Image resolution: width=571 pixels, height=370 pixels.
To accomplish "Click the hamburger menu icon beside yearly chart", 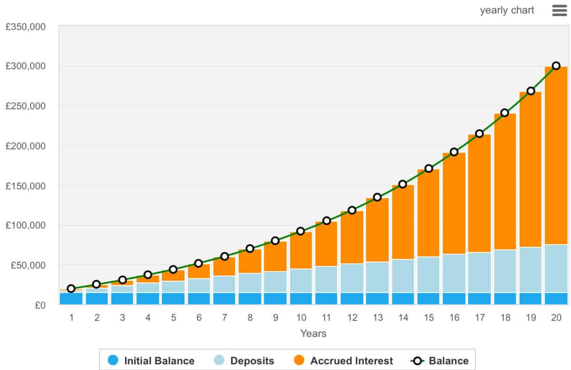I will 559,10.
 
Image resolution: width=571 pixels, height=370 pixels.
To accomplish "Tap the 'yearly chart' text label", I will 507,10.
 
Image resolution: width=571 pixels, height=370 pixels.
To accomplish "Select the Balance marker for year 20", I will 556,66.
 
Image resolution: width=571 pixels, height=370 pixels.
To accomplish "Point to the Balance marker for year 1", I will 71,288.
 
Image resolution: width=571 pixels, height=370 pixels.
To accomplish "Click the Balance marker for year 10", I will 301,231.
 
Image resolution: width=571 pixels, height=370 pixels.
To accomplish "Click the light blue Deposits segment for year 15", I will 429,275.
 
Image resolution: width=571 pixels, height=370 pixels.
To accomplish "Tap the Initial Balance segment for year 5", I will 173,298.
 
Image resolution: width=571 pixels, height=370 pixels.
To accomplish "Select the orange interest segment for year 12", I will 352,237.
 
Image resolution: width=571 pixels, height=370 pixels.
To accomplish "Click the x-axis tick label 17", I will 480,318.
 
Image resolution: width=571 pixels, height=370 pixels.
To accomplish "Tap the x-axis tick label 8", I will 250,318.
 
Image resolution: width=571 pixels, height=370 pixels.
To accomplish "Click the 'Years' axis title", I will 314,333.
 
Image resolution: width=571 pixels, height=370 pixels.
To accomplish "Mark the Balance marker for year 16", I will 454,152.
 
